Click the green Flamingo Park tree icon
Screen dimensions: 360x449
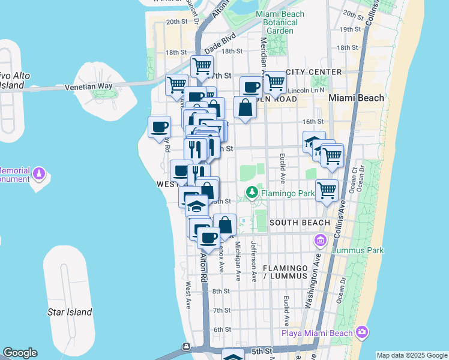(252, 193)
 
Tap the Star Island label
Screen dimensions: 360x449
(70, 312)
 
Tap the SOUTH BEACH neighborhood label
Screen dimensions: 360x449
(300, 223)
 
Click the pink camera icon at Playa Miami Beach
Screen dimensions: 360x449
(362, 332)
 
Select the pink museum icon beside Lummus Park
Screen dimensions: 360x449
(320, 241)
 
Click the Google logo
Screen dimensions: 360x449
(20, 353)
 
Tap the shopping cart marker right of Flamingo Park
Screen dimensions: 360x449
(327, 191)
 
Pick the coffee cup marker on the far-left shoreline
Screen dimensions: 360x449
(160, 127)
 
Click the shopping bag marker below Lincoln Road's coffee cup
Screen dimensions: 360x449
(246, 108)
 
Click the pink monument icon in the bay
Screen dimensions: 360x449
(40, 174)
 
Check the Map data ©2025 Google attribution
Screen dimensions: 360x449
(411, 355)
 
